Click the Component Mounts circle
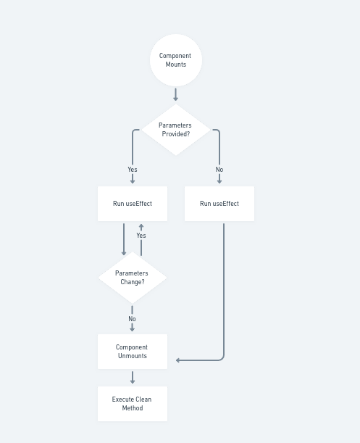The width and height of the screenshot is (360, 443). tap(176, 60)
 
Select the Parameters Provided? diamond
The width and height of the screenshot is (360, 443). tap(176, 130)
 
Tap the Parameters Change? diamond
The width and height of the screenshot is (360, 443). tap(133, 278)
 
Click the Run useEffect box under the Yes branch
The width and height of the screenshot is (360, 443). tap(133, 204)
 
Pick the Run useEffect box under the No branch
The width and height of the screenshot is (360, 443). tap(219, 204)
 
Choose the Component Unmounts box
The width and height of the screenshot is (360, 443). tap(133, 352)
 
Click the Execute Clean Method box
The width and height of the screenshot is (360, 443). tap(133, 404)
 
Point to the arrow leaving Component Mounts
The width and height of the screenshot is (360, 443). tap(175, 94)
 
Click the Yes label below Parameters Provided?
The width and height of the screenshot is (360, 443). tap(133, 170)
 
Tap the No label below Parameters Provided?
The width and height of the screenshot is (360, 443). tap(219, 170)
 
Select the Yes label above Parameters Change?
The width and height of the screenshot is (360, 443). tap(141, 236)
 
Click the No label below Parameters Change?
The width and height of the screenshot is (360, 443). tap(132, 319)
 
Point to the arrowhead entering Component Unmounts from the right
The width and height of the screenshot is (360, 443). tap(178, 360)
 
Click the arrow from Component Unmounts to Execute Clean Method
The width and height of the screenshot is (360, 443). tap(133, 378)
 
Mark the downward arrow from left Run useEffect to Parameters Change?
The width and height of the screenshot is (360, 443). tap(124, 239)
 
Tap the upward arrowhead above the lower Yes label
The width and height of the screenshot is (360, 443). tap(141, 227)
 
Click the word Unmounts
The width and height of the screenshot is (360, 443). tap(133, 356)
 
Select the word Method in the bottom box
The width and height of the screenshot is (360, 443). tap(133, 408)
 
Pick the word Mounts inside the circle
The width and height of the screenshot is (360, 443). tap(176, 65)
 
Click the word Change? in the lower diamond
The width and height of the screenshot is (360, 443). tap(133, 282)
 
